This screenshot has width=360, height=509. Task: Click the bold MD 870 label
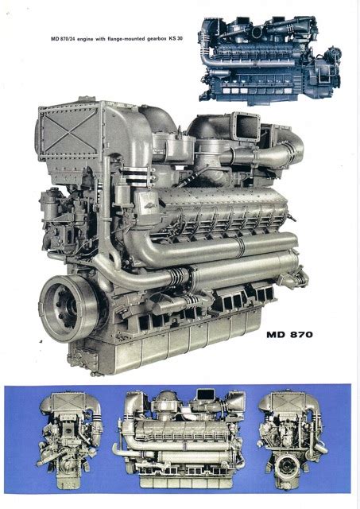pos(289,334)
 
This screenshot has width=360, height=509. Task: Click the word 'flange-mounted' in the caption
pos(126,39)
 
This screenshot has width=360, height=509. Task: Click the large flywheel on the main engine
pos(69,308)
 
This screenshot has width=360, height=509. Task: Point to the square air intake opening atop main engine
pos(247,126)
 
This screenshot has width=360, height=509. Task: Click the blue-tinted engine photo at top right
pos(270,60)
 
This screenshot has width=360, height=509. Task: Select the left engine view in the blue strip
pos(69,440)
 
